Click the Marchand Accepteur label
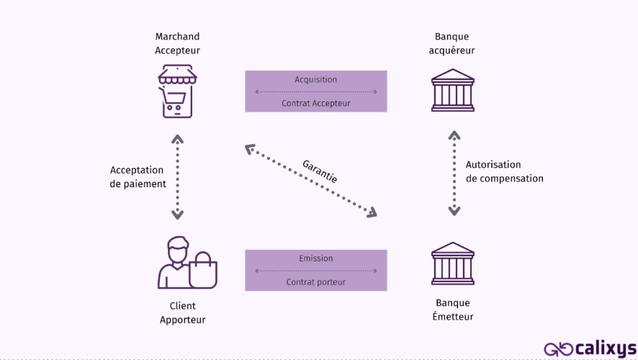[177, 43]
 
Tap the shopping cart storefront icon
[177, 91]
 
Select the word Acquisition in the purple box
[315, 79]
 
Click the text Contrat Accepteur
[315, 103]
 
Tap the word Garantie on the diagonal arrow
[320, 170]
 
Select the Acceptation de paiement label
[138, 177]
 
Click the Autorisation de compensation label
[504, 171]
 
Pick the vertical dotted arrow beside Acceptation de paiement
[177, 177]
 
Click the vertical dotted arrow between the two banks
[454, 174]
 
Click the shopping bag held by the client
[202, 272]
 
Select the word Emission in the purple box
[315, 258]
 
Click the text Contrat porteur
[315, 282]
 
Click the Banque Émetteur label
[454, 310]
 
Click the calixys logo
[590, 348]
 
